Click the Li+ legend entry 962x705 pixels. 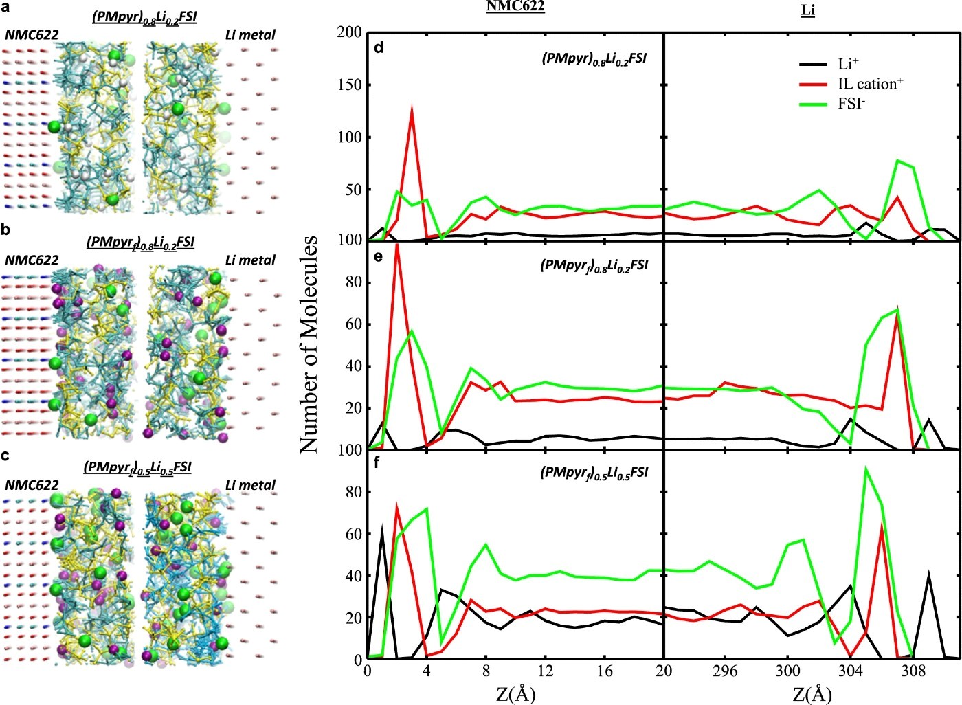tap(829, 64)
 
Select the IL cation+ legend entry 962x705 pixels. tap(851, 84)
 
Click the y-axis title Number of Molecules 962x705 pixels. tap(309, 344)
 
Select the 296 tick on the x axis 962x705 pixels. tap(725, 671)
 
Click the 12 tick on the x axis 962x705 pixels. tap(545, 671)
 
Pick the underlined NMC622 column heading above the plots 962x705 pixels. tap(515, 8)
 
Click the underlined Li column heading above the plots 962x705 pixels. tap(808, 10)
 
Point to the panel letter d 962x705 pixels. tap(379, 47)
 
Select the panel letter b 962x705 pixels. tap(5, 230)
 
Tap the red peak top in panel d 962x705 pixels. tap(412, 106)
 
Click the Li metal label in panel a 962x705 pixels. tap(250, 34)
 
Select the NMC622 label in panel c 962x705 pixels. tap(32, 484)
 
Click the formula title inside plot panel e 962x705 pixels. tap(594, 266)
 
